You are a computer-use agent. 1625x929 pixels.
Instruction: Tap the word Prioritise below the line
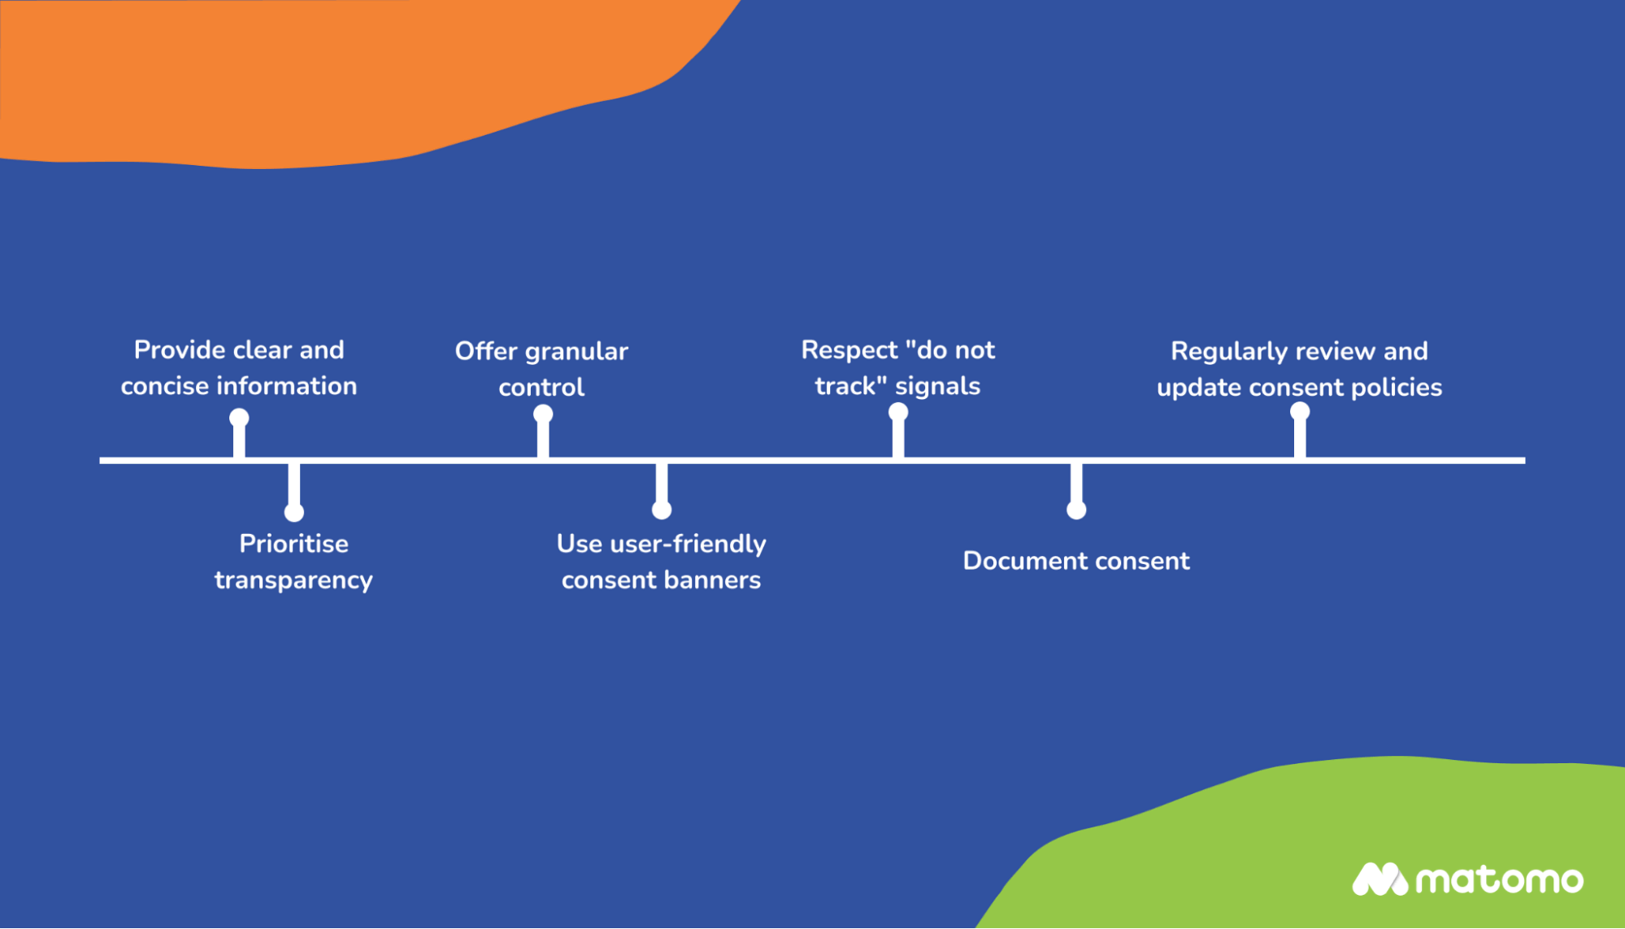(x=293, y=544)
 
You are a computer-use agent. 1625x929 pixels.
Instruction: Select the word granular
(x=576, y=352)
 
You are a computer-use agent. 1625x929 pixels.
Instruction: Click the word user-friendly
(x=688, y=544)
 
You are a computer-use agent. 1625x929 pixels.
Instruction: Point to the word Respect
(x=849, y=350)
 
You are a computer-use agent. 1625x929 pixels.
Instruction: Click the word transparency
(x=293, y=581)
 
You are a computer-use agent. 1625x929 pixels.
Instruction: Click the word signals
(x=937, y=386)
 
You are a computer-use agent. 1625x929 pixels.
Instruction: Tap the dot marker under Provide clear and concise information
(x=239, y=419)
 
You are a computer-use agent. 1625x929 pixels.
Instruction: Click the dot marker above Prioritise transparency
(x=294, y=512)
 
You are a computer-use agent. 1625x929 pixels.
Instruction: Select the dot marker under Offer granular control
(x=543, y=415)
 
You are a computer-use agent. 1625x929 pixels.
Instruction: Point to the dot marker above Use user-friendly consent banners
(x=662, y=510)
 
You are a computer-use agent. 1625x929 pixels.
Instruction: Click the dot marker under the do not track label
(x=898, y=412)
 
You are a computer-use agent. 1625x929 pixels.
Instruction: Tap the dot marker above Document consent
(x=1076, y=510)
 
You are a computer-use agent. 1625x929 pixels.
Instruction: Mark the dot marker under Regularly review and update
(x=1300, y=411)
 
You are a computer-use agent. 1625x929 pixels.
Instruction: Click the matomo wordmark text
(x=1499, y=880)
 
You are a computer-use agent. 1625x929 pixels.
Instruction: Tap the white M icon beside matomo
(x=1379, y=879)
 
